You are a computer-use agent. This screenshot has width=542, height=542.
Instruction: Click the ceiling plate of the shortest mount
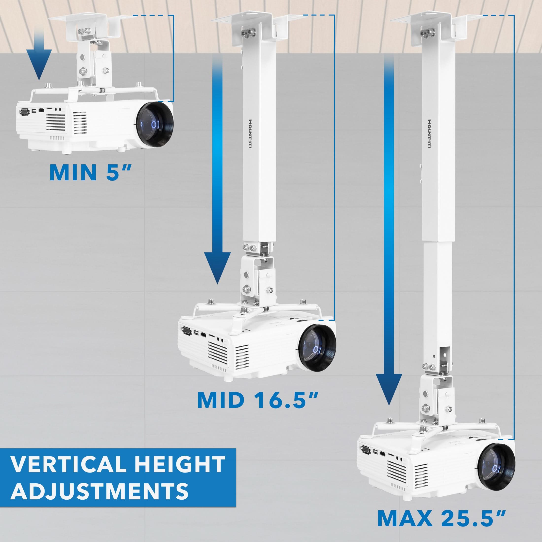pyautogui.click(x=84, y=20)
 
